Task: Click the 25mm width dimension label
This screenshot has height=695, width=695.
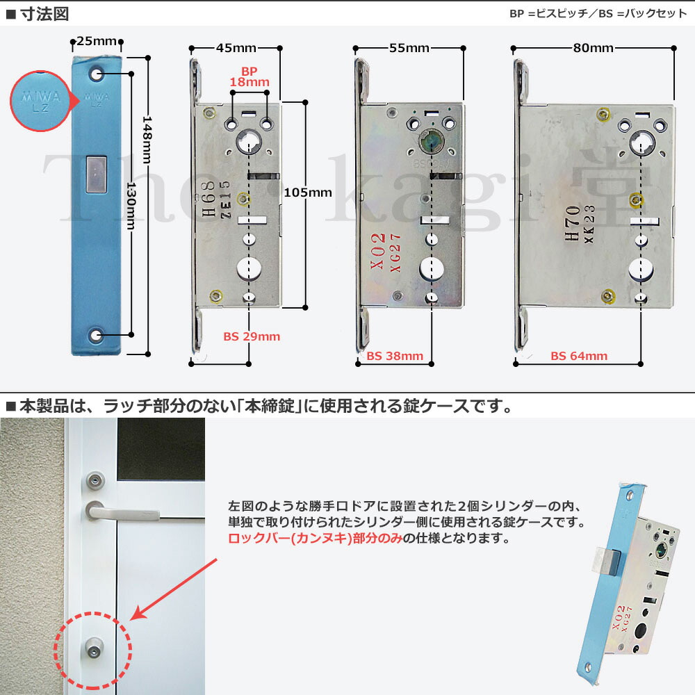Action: click(97, 42)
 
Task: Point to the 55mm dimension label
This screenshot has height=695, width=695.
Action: click(409, 48)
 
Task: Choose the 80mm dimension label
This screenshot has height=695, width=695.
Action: click(593, 48)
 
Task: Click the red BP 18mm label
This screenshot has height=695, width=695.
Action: click(249, 77)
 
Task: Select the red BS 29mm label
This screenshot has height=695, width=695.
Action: click(252, 336)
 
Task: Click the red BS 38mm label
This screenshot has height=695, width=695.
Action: click(395, 356)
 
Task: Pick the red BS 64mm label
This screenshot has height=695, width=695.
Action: click(579, 356)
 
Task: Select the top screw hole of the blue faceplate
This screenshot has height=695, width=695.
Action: click(97, 73)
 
